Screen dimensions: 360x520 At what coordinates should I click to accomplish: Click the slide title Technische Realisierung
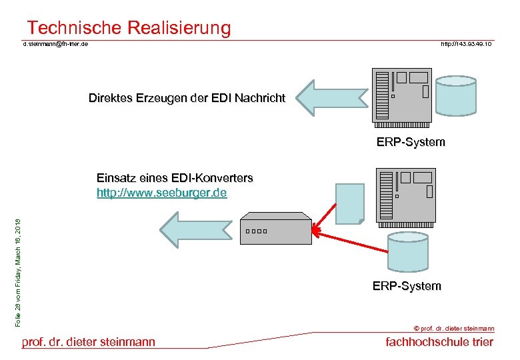pyautogui.click(x=129, y=28)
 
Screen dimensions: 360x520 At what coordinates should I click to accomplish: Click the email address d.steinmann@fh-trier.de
pyautogui.click(x=56, y=44)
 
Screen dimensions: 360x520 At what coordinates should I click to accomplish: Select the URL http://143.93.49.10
pyautogui.click(x=466, y=44)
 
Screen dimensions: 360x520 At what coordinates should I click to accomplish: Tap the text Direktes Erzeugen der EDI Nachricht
pyautogui.click(x=187, y=98)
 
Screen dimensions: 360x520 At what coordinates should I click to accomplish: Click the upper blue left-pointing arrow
pyautogui.click(x=330, y=98)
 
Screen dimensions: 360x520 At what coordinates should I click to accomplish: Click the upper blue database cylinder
pyautogui.click(x=456, y=95)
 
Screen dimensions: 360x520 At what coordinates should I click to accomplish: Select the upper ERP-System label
pyautogui.click(x=411, y=142)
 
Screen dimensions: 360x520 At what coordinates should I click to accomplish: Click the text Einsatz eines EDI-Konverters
pyautogui.click(x=175, y=178)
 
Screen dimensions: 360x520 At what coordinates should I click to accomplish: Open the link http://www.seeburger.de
pyautogui.click(x=161, y=193)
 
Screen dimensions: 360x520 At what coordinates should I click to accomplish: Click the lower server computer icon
pyautogui.click(x=405, y=194)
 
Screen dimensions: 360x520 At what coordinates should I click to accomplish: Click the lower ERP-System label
pyautogui.click(x=407, y=286)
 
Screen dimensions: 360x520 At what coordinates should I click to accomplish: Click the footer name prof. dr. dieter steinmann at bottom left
pyautogui.click(x=89, y=342)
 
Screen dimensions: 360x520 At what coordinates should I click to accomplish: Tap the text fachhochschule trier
pyautogui.click(x=440, y=342)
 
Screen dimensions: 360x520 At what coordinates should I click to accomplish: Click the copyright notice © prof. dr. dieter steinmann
pyautogui.click(x=454, y=328)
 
